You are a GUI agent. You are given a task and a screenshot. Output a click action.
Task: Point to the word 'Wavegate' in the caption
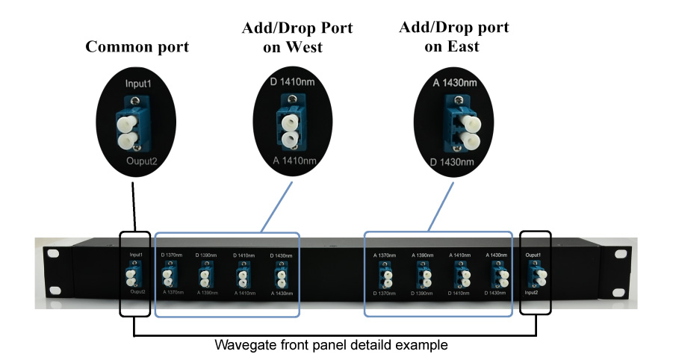click(x=238, y=345)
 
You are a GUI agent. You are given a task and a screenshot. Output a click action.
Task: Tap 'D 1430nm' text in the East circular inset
click(x=455, y=163)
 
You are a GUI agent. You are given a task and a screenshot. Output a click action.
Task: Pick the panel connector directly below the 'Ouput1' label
click(x=536, y=276)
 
